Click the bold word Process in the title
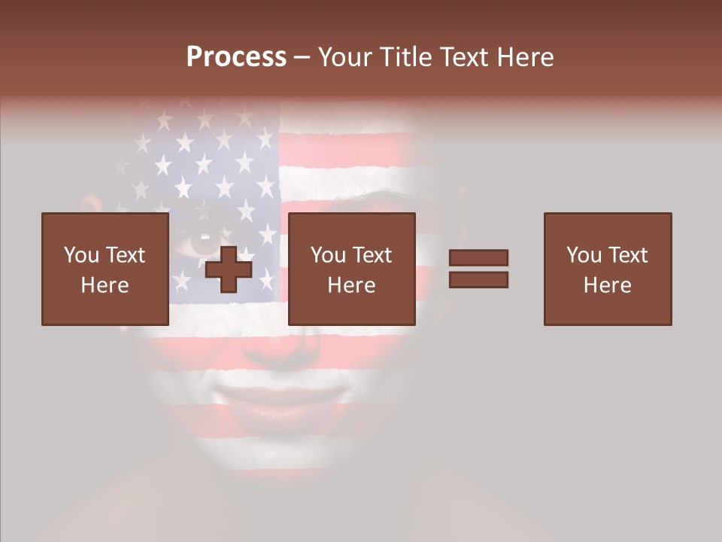pos(236,57)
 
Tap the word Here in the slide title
pos(525,57)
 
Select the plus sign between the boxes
pos(229,269)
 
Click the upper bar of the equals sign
pos(478,257)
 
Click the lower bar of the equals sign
pos(478,279)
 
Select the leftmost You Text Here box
pos(105,269)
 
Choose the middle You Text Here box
pos(351,269)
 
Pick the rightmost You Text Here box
pos(607,269)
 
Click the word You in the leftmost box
pos(80,255)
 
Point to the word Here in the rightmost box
pos(607,285)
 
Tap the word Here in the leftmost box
pos(105,285)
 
